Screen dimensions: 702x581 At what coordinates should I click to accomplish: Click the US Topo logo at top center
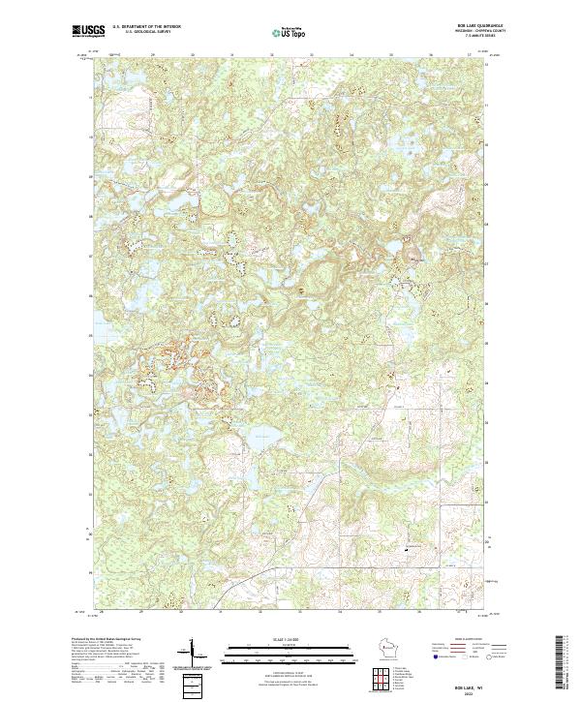click(290, 32)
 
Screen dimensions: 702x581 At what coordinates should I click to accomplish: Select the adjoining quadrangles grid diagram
click(386, 681)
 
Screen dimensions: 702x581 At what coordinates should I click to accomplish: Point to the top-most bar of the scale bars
click(289, 644)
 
